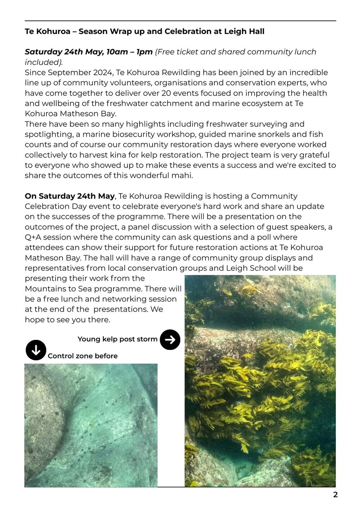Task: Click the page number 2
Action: (335, 494)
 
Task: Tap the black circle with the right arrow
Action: (170, 340)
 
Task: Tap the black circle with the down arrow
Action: (36, 350)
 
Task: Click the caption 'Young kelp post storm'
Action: (117, 339)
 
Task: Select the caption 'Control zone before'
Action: (82, 356)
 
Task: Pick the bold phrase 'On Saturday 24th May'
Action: (69, 196)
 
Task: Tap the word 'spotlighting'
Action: (48, 134)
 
